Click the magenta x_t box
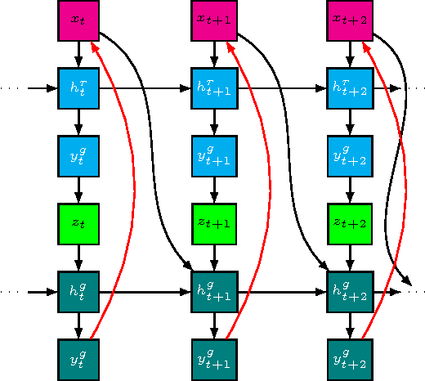click(x=78, y=20)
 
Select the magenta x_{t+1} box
click(x=214, y=20)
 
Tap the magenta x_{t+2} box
click(x=350, y=20)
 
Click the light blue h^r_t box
click(x=78, y=87)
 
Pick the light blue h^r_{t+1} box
click(x=214, y=87)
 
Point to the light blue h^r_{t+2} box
click(x=350, y=87)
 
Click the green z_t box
click(x=78, y=223)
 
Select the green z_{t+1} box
click(x=214, y=223)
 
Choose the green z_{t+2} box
click(x=350, y=223)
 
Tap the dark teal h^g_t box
click(x=78, y=291)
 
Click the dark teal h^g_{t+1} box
click(x=214, y=291)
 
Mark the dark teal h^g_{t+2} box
click(x=350, y=291)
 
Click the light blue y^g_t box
click(x=78, y=155)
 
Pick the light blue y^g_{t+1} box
click(x=214, y=155)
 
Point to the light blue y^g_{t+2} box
click(x=350, y=155)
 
